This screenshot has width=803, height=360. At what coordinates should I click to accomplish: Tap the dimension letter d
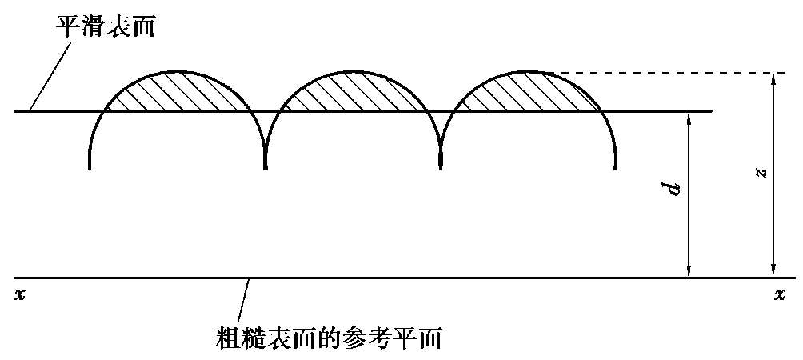[675, 190]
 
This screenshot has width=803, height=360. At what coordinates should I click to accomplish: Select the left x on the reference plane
[20, 294]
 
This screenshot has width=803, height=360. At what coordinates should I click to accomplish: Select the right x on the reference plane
[780, 294]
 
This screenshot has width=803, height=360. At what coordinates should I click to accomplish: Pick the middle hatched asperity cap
[352, 92]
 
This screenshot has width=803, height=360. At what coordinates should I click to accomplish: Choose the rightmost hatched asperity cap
[529, 92]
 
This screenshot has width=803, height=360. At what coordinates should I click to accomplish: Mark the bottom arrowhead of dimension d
[689, 271]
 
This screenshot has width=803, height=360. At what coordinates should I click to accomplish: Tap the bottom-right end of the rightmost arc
[616, 167]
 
